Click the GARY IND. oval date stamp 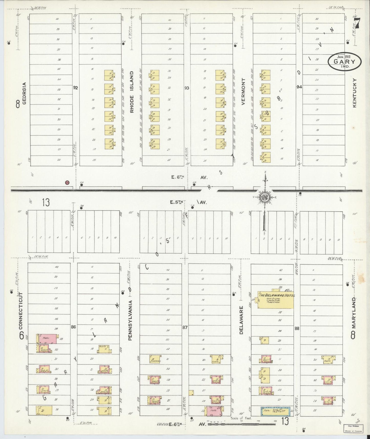tap(345, 61)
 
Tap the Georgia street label tap(25, 93)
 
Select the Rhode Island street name tap(132, 92)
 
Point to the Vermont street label tap(243, 91)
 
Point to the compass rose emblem tap(265, 197)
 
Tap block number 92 tap(75, 88)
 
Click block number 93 tap(187, 88)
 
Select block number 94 tap(299, 87)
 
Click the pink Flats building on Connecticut tap(47, 339)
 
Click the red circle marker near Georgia tap(67, 183)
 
